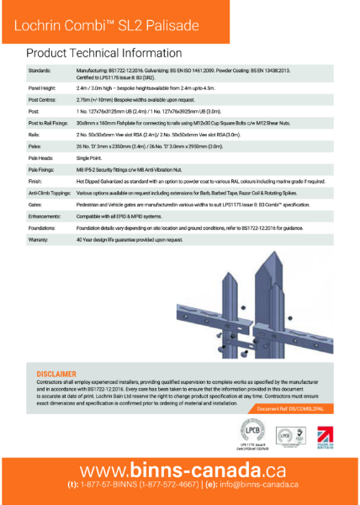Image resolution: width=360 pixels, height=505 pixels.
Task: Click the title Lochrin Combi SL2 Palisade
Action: coord(101,24)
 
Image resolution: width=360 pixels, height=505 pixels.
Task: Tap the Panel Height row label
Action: coord(43,88)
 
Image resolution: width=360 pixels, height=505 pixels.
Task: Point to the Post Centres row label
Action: coord(44,98)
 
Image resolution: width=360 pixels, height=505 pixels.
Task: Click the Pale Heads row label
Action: coord(42,157)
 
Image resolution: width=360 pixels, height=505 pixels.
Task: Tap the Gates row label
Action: coord(36,205)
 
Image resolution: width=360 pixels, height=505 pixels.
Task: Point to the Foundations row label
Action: coord(45,228)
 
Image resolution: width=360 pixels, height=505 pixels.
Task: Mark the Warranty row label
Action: coord(40,240)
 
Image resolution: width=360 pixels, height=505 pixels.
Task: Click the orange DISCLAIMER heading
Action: coord(56,374)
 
